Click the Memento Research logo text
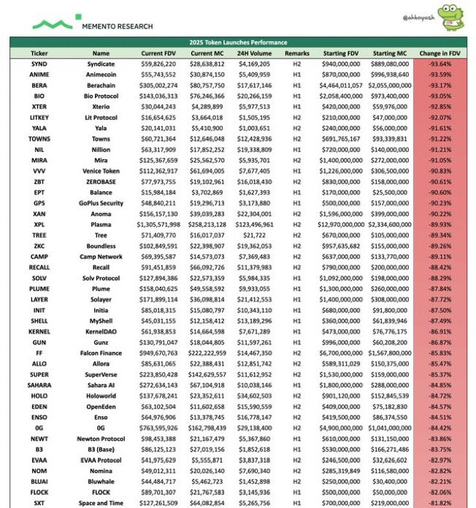(118, 26)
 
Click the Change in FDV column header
(439, 53)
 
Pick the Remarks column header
(297, 53)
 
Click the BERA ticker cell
(39, 85)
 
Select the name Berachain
(101, 85)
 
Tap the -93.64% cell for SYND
(439, 64)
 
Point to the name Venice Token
(101, 170)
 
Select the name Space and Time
(101, 502)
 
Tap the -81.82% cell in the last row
(439, 502)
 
